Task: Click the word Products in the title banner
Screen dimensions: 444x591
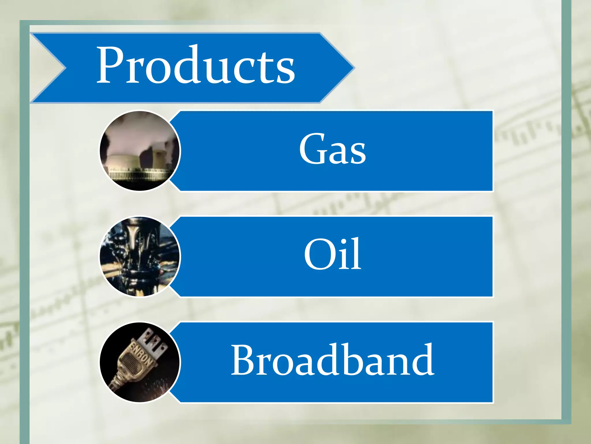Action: (195, 65)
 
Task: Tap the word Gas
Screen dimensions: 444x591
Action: (332, 149)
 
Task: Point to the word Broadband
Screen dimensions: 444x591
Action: (332, 360)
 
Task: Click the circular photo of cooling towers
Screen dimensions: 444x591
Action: (140, 151)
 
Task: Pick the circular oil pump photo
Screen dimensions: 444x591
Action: (140, 257)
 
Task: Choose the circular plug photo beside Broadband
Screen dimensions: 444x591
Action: (140, 362)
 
